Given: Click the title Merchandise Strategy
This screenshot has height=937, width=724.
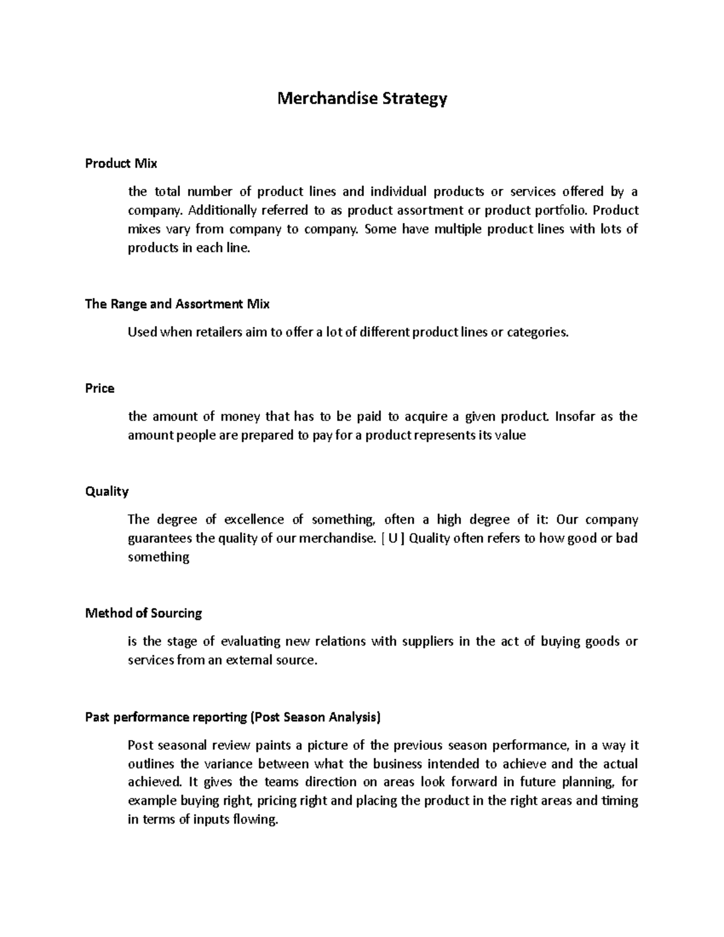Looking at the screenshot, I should click(362, 98).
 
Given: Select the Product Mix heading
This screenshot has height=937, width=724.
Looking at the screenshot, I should click(121, 164).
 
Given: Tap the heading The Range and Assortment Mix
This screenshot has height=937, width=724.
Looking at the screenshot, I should click(177, 304).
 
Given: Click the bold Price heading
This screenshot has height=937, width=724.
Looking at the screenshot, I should click(100, 389).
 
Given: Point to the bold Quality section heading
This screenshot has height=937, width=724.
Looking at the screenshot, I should click(107, 492).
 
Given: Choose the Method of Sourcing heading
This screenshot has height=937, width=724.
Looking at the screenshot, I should click(144, 614).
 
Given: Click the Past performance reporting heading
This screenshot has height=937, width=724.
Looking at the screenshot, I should click(233, 717).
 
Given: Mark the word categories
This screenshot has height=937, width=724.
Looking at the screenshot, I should click(537, 332).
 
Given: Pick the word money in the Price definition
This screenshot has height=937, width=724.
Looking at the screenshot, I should click(241, 417).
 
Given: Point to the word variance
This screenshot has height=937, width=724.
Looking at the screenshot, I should click(228, 764).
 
